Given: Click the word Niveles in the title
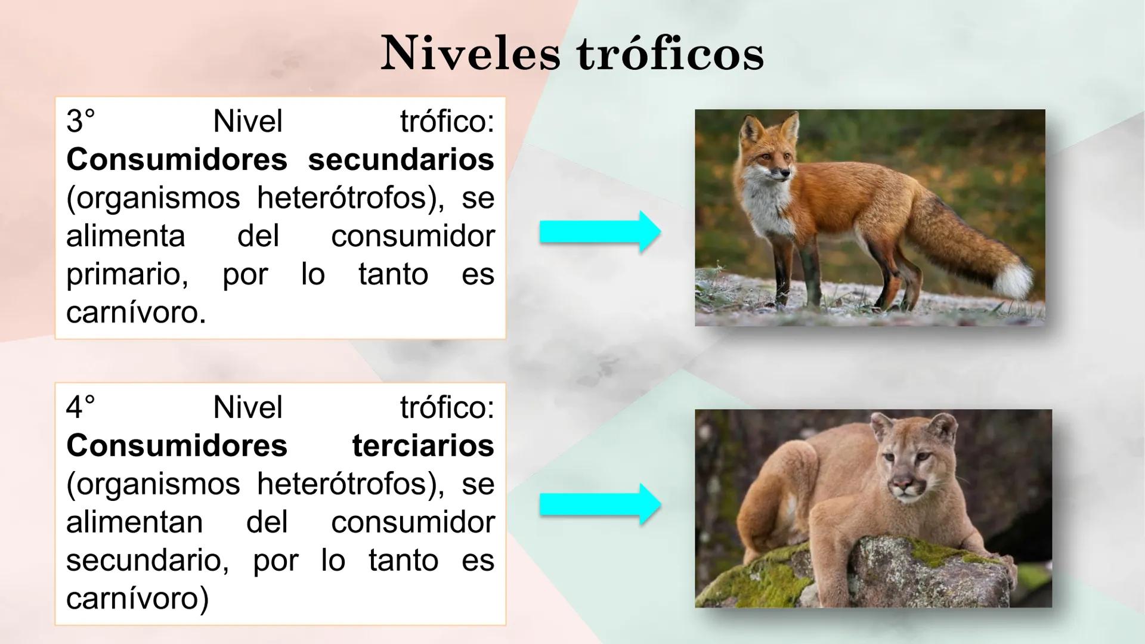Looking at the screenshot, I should tap(471, 54).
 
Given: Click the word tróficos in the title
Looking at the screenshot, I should tap(670, 54).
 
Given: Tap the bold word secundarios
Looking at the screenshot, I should tap(401, 160).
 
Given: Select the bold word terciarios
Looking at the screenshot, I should tap(423, 446).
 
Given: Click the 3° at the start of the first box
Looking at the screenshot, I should tap(81, 122).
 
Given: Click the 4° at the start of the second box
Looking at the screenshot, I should tap(81, 408).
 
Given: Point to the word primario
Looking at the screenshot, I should tap(127, 274).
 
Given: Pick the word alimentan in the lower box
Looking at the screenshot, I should tap(134, 522).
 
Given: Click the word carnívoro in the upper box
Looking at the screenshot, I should tap(135, 312).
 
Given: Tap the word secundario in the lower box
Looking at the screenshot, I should tap(147, 561).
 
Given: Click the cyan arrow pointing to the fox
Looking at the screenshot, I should tap(599, 232).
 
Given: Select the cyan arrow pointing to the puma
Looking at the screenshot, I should tap(599, 504).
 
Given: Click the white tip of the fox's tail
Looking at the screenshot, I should tap(1017, 280).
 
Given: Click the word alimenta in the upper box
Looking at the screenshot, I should tap(125, 236).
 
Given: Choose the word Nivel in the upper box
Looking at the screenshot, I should tap(247, 122).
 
